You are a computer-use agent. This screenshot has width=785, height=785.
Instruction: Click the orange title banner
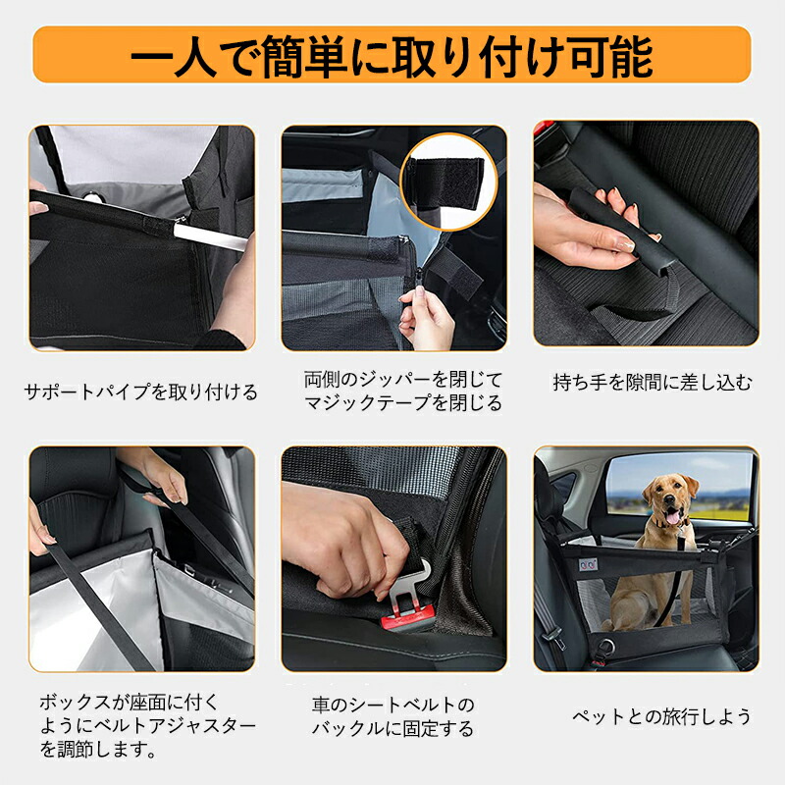tap(392, 54)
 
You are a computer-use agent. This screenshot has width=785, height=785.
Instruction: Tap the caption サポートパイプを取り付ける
tap(140, 392)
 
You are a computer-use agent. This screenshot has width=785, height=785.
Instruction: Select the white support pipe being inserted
tap(210, 236)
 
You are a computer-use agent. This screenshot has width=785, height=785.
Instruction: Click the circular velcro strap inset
tap(448, 182)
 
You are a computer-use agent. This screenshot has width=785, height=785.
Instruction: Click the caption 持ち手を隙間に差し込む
tap(653, 382)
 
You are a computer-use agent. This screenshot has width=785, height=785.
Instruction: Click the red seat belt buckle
tap(406, 618)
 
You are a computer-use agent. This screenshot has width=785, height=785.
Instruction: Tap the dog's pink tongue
tap(672, 517)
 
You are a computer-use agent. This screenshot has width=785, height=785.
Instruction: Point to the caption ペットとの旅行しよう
tap(661, 716)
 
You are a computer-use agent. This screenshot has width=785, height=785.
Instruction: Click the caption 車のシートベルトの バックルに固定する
tap(393, 716)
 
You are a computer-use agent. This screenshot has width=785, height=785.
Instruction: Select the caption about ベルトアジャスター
tap(148, 726)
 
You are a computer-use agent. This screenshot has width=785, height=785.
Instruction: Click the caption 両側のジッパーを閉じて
tap(403, 380)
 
